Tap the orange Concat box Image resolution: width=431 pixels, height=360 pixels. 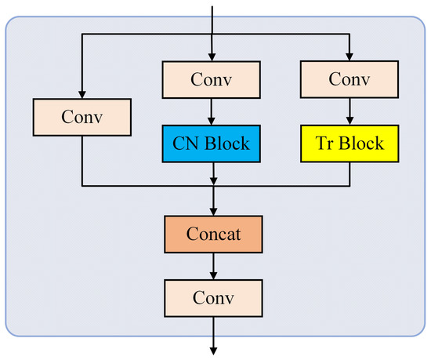[x=212, y=234]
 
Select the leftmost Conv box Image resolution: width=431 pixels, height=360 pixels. [x=81, y=116]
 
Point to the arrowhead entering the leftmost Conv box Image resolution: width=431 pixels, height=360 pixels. [x=81, y=93]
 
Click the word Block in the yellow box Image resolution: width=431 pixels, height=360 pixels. [x=361, y=144]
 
